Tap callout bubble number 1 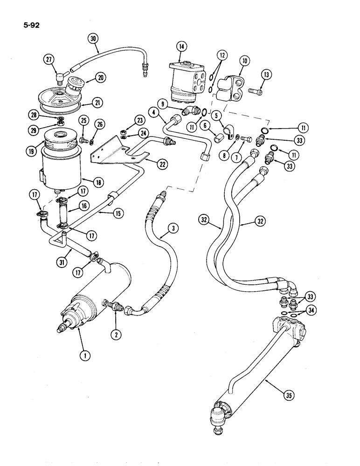click(x=84, y=355)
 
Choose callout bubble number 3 click(x=173, y=228)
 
